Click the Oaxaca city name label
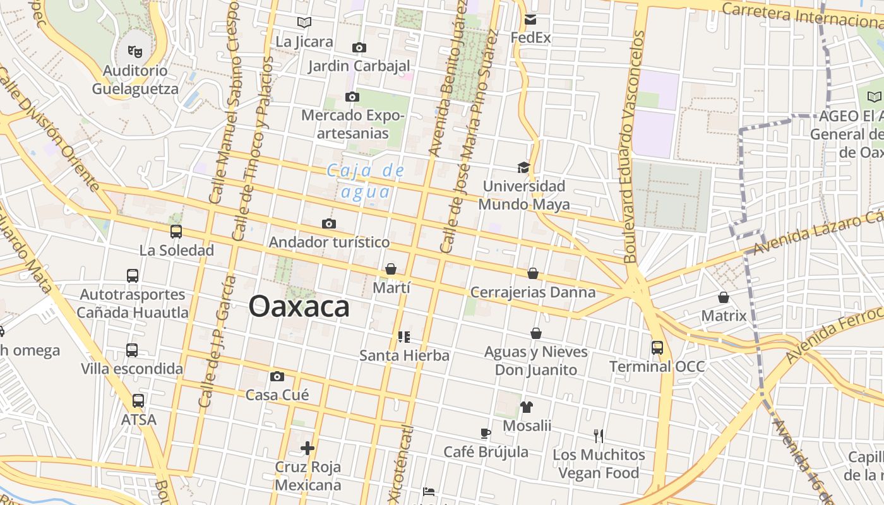pyautogui.click(x=299, y=307)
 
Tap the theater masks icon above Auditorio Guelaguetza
pyautogui.click(x=134, y=50)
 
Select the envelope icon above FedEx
pyautogui.click(x=530, y=20)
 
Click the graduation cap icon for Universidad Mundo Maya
pyautogui.click(x=523, y=167)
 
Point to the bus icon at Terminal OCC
pyautogui.click(x=657, y=347)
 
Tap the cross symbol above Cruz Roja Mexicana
pyautogui.click(x=308, y=448)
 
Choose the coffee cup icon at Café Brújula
pyautogui.click(x=485, y=433)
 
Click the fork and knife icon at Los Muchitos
pyautogui.click(x=599, y=436)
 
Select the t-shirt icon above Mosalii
pyautogui.click(x=527, y=407)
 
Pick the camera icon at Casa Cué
pyautogui.click(x=277, y=377)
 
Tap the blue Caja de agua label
pyautogui.click(x=366, y=181)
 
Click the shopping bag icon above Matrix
pyautogui.click(x=724, y=297)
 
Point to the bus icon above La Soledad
pyautogui.click(x=176, y=232)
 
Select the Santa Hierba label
pyautogui.click(x=404, y=355)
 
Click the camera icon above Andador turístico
pyautogui.click(x=328, y=223)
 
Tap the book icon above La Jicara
pyautogui.click(x=304, y=23)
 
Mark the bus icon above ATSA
pyautogui.click(x=138, y=400)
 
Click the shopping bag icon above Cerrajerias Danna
pyautogui.click(x=533, y=273)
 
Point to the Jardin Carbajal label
pyautogui.click(x=359, y=66)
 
